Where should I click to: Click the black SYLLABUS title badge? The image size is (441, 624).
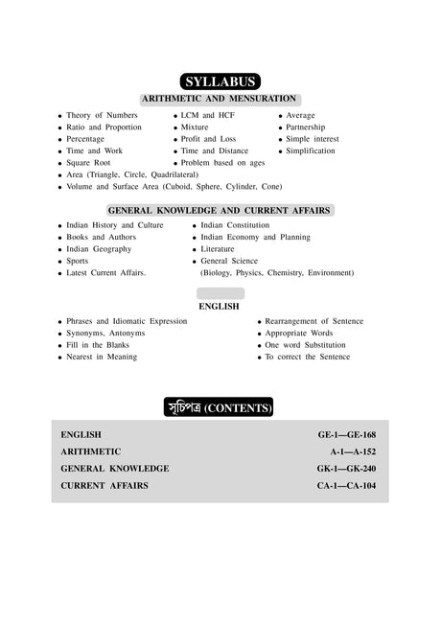220,82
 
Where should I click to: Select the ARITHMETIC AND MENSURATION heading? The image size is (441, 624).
220,100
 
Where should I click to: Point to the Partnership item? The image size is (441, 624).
306,127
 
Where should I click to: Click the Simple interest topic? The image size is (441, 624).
312,139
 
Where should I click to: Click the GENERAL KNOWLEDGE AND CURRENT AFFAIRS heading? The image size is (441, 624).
220,209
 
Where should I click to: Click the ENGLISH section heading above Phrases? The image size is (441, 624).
220,308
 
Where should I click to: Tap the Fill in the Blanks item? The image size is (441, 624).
99,345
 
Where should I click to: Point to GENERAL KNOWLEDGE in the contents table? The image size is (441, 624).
115,469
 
